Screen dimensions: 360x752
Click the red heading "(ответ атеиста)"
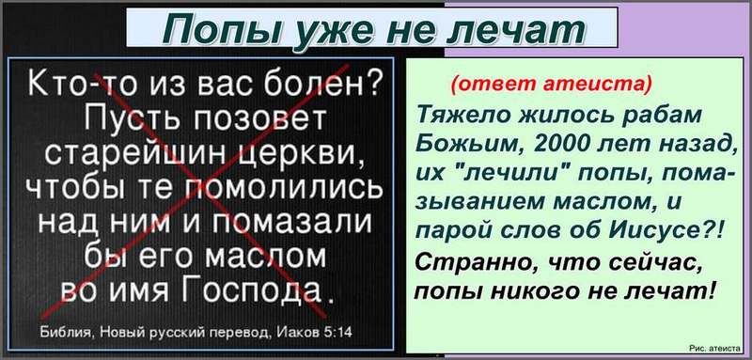pos(552,84)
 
